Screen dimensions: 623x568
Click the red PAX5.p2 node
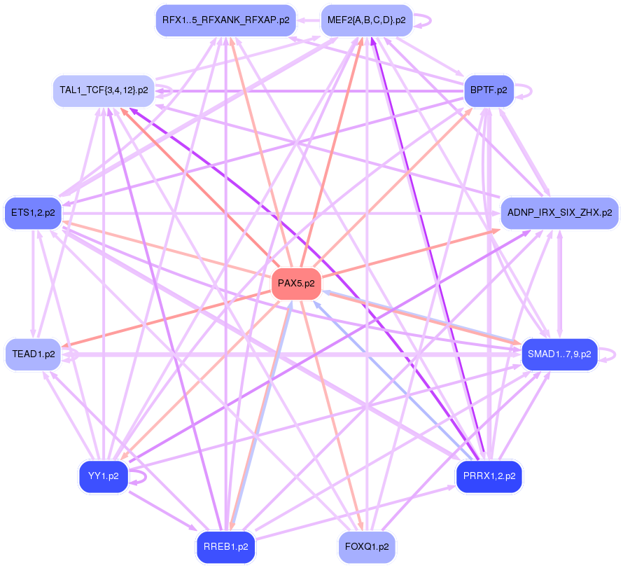pyautogui.click(x=296, y=284)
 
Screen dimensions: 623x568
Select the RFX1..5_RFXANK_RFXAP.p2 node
pyautogui.click(x=225, y=20)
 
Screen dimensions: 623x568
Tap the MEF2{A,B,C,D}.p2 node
pyautogui.click(x=366, y=20)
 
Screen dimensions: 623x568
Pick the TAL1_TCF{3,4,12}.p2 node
pyautogui.click(x=104, y=90)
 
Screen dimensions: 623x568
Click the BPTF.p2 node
pyautogui.click(x=489, y=90)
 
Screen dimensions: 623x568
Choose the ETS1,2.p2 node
pyautogui.click(x=33, y=213)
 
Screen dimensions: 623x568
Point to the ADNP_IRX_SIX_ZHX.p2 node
pyautogui.click(x=560, y=213)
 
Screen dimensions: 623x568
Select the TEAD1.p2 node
pyautogui.click(x=34, y=354)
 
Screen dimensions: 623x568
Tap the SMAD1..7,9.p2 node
pyautogui.click(x=559, y=354)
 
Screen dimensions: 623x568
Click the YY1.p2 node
pyautogui.click(x=104, y=476)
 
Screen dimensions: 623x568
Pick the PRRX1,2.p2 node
pyautogui.click(x=489, y=476)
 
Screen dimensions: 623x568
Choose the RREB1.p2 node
pyautogui.click(x=225, y=547)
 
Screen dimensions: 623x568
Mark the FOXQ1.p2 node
pyautogui.click(x=367, y=547)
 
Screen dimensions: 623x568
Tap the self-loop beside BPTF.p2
pyautogui.click(x=524, y=91)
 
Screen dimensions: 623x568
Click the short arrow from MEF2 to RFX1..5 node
pyautogui.click(x=308, y=20)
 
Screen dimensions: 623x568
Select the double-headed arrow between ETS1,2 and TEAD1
pyautogui.click(x=33, y=284)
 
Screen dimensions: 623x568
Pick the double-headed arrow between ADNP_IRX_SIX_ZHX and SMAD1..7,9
pyautogui.click(x=560, y=284)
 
